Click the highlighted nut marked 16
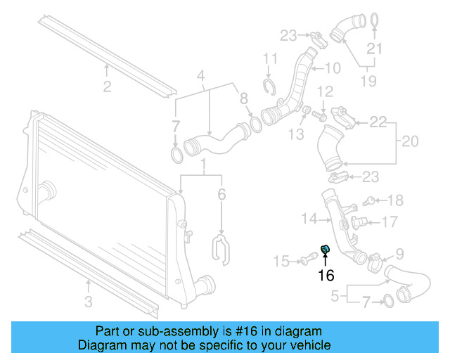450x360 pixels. pos(326,249)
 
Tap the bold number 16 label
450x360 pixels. pos(326,275)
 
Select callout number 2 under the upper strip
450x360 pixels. pos(107,87)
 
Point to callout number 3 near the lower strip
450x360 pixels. pos(88,303)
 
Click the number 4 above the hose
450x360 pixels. pos(200,76)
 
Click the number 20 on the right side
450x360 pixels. pos(409,142)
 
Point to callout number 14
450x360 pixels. pos(310,219)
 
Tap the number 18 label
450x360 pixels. pos(395,200)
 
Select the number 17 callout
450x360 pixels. pos(390,223)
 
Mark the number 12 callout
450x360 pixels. pos(324,92)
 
